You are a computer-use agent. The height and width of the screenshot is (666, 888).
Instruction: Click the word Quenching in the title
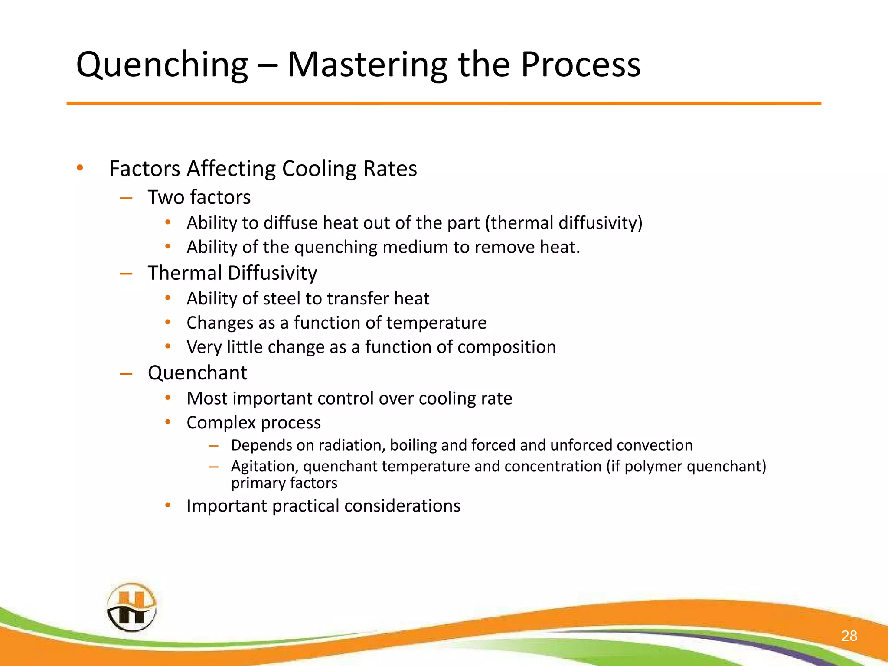tap(162, 65)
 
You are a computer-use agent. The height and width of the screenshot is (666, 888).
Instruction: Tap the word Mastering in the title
tap(367, 65)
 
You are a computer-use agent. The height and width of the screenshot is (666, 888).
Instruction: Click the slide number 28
tap(849, 636)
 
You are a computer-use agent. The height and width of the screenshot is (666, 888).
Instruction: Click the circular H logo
tap(131, 607)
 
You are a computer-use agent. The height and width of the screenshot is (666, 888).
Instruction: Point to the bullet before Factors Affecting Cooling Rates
tap(79, 168)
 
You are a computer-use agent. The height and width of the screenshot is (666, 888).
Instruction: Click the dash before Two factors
tap(126, 198)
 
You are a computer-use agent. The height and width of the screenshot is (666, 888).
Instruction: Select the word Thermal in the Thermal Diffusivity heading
tap(185, 273)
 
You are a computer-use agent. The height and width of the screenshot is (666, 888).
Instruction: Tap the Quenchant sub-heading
tap(197, 373)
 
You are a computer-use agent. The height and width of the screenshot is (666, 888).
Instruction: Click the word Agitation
tap(264, 467)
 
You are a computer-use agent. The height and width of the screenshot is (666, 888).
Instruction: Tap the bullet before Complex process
tap(168, 422)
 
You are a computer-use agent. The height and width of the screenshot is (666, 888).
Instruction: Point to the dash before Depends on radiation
tap(213, 445)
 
